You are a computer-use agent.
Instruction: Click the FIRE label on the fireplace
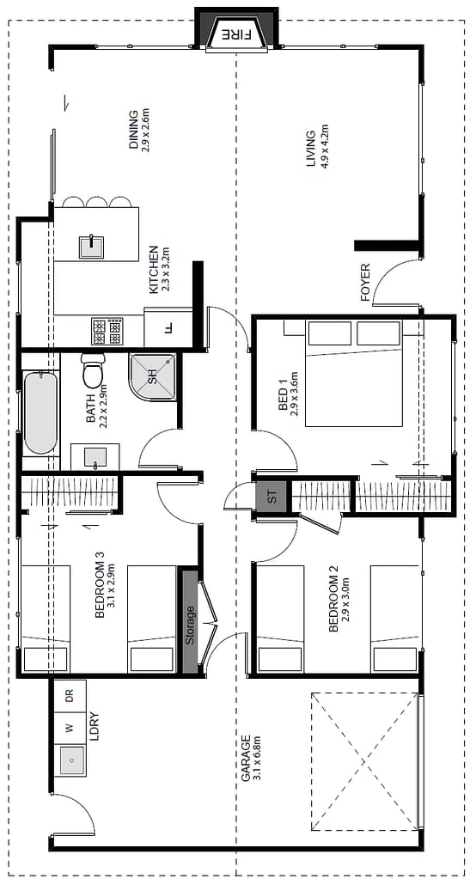236,34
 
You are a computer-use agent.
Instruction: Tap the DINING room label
133,129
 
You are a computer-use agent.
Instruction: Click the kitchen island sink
91,247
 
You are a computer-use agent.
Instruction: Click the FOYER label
365,282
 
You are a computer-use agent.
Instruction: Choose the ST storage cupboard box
272,497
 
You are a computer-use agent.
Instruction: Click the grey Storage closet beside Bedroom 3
190,621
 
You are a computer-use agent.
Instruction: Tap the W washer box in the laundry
70,729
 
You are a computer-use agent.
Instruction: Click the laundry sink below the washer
71,760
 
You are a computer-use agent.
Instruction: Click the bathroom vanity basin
95,456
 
